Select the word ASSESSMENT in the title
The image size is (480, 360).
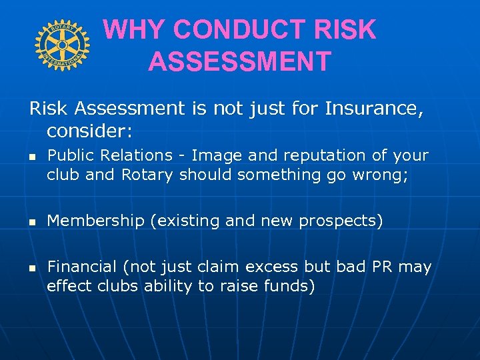click(239, 62)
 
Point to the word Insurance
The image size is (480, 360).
click(373, 108)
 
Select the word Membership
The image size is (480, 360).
click(96, 221)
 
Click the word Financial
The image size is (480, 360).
click(82, 267)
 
